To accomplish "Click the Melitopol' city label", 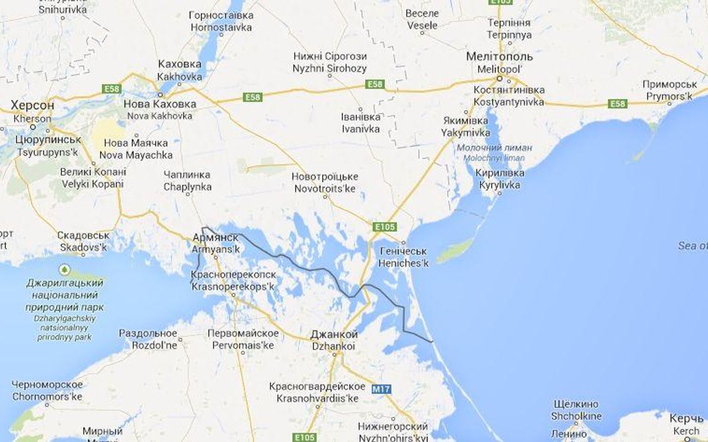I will pyautogui.click(x=499, y=63).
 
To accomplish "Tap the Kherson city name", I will pyautogui.click(x=32, y=111).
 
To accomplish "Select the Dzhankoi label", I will pyautogui.click(x=333, y=341).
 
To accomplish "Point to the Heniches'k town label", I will pyautogui.click(x=404, y=258).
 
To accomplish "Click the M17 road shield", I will pyautogui.click(x=382, y=390).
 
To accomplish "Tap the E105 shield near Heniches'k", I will pyautogui.click(x=385, y=227).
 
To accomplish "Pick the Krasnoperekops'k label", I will pyautogui.click(x=233, y=281).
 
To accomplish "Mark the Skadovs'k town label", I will pyautogui.click(x=83, y=242).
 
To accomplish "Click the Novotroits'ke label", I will pyautogui.click(x=324, y=183).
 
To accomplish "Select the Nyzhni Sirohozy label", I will pyautogui.click(x=329, y=62).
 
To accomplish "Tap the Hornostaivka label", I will pyautogui.click(x=221, y=21).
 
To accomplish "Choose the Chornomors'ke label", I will pyautogui.click(x=47, y=391).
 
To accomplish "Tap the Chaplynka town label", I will pyautogui.click(x=188, y=181).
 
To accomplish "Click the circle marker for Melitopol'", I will pyautogui.click(x=499, y=78).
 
